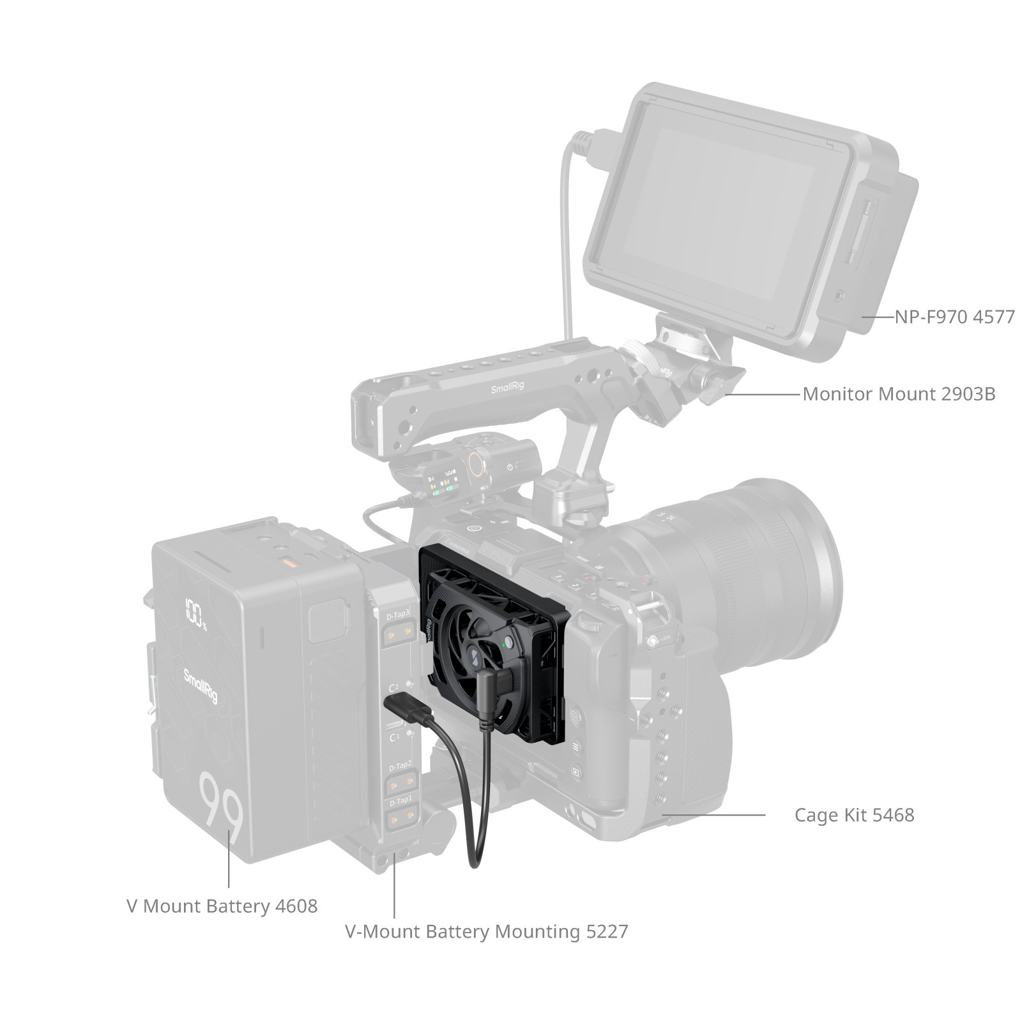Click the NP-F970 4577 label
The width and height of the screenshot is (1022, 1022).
[954, 317]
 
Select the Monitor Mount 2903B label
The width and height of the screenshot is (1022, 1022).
[899, 393]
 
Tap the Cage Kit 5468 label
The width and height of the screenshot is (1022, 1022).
[854, 815]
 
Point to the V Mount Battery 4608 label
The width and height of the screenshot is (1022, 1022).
[222, 906]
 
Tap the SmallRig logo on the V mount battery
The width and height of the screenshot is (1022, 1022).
[201, 686]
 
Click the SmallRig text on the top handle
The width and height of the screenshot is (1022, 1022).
[507, 388]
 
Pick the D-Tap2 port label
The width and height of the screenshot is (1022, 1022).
[400, 765]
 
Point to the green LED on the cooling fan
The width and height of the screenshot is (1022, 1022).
[505, 646]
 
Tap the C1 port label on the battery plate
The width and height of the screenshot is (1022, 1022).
[395, 737]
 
